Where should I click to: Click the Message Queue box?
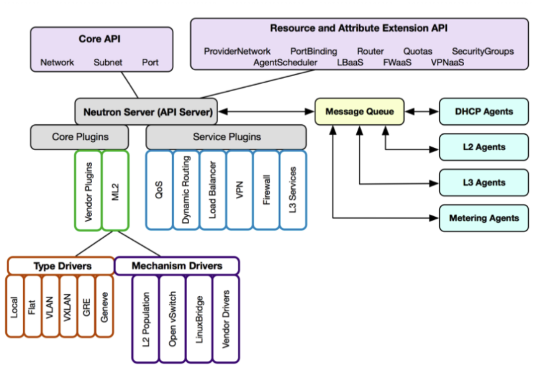coord(360,112)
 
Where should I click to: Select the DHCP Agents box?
coord(484,112)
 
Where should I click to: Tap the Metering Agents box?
coord(484,218)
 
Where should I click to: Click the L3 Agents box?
coord(484,183)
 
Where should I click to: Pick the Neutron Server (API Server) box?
coord(146,112)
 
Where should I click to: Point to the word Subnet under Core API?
coord(107,63)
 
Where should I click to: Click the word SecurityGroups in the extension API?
coord(483,51)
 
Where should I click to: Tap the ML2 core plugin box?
coord(116,190)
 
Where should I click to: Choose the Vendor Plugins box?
coord(89,190)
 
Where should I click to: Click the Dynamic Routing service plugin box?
coord(186,190)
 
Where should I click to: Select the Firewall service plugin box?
coord(266,190)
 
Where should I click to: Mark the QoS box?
coord(159,190)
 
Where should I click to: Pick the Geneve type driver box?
coord(104,306)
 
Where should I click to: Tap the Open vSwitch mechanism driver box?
coord(172,319)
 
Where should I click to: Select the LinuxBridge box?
coord(198,319)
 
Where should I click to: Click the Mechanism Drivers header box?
coord(177,266)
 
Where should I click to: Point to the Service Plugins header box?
coord(226,137)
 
